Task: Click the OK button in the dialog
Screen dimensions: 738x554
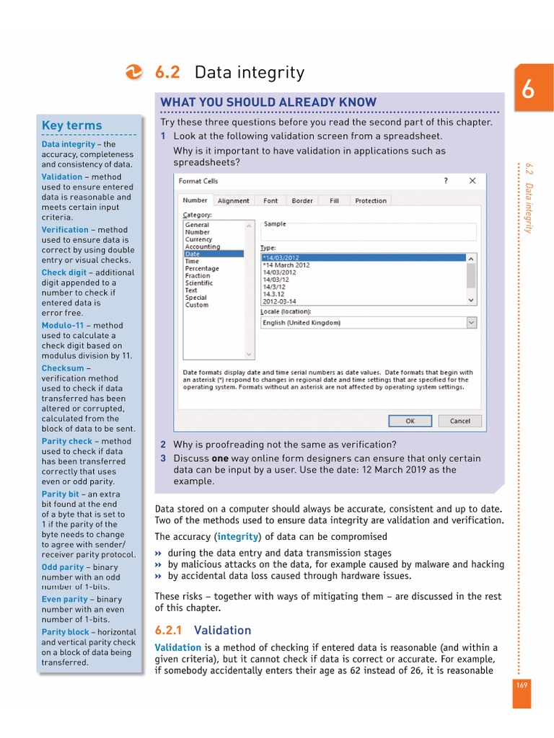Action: click(410, 421)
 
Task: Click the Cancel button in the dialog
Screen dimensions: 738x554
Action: click(460, 421)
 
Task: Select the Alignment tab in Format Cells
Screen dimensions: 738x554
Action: click(233, 201)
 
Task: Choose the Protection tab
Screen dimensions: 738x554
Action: click(371, 201)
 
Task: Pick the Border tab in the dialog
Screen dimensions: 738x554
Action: click(302, 201)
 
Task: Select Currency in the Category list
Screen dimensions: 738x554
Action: click(198, 239)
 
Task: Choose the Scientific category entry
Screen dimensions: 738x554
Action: click(199, 283)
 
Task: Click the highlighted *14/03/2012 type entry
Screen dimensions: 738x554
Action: click(281, 257)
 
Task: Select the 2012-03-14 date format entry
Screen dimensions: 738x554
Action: click(280, 301)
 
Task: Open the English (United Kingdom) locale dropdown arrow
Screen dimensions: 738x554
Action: click(471, 323)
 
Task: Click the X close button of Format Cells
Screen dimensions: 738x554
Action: click(472, 181)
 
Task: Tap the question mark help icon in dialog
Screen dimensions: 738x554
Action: click(445, 181)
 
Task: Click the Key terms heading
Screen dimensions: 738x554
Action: click(71, 125)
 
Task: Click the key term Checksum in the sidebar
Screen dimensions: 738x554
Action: click(63, 368)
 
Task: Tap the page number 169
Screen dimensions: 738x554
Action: click(522, 685)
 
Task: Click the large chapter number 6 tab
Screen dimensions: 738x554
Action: click(528, 90)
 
